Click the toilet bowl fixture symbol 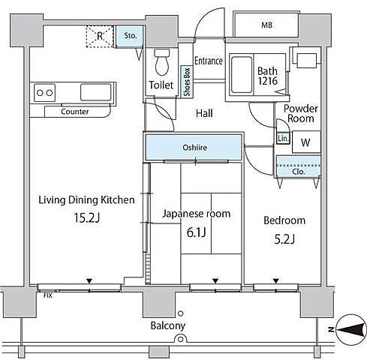tap(162, 62)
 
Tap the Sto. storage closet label tap(131, 36)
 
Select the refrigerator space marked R tap(100, 36)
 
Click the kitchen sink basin tap(95, 92)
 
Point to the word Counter tap(75, 112)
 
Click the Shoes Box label tap(187, 82)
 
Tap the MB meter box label tap(266, 25)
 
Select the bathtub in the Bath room tap(242, 75)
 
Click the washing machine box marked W tap(306, 142)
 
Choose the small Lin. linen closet tap(283, 138)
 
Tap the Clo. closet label tap(299, 172)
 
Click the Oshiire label tap(194, 148)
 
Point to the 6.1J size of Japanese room tap(197, 232)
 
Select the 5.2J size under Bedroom tap(284, 239)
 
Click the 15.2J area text tap(87, 217)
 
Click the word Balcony tap(168, 325)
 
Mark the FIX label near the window tap(48, 295)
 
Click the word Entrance tap(209, 61)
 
